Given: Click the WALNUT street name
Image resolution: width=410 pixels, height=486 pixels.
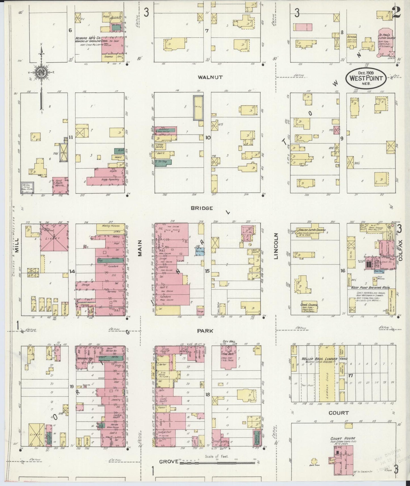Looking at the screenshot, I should coord(210,77).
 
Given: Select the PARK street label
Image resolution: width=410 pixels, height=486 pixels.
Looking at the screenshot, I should coord(205,331).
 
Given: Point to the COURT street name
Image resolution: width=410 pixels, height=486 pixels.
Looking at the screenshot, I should coord(338,413).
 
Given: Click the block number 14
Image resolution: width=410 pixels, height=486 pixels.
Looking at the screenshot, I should coord(72,272).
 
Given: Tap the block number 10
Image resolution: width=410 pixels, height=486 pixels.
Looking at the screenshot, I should coord(208,138).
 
